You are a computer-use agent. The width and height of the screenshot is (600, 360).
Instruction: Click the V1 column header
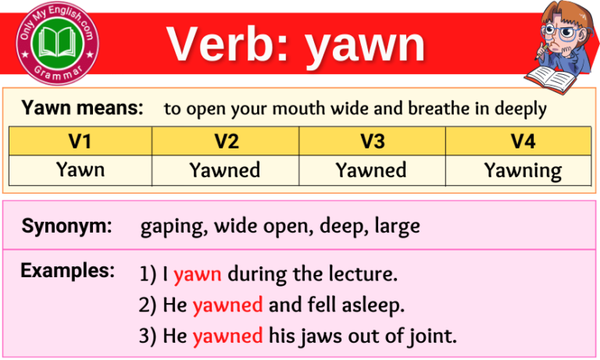click(x=80, y=141)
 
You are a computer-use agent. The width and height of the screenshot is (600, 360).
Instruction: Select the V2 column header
click(x=226, y=141)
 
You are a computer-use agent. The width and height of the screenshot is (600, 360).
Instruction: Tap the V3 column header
click(x=372, y=141)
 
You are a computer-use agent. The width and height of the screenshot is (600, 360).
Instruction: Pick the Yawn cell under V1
click(x=80, y=169)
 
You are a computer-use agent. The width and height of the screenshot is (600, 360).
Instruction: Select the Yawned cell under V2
click(x=226, y=169)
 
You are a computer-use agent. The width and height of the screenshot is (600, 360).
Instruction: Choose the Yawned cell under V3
click(x=372, y=169)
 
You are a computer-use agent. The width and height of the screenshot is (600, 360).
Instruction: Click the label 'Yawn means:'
click(x=83, y=108)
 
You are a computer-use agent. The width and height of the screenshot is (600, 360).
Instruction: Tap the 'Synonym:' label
click(x=67, y=226)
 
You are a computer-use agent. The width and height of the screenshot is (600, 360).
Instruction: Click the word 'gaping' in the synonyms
click(x=165, y=227)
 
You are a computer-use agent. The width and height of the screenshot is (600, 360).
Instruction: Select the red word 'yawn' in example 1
click(x=198, y=275)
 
